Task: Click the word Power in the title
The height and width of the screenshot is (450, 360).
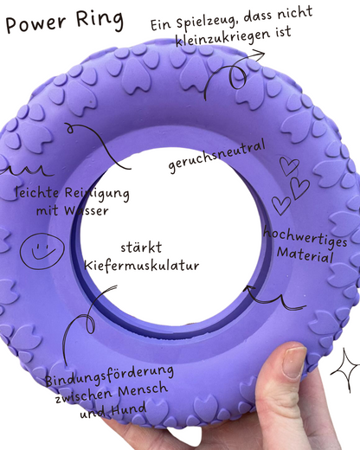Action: pyautogui.click(x=35, y=23)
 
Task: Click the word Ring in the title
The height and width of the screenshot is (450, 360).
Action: pyautogui.click(x=100, y=19)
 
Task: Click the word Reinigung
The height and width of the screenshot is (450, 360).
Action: pyautogui.click(x=97, y=194)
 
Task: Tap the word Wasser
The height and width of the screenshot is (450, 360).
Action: pyautogui.click(x=87, y=210)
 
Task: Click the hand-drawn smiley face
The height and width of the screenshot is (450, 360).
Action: pyautogui.click(x=42, y=251)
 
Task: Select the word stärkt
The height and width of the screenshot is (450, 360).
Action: pyautogui.click(x=141, y=247)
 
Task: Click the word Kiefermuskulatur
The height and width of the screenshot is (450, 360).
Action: pyautogui.click(x=142, y=266)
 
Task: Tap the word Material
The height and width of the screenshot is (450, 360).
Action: pyautogui.click(x=305, y=254)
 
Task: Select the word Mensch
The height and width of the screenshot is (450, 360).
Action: pyautogui.click(x=143, y=391)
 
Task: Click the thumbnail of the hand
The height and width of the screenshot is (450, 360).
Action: pyautogui.click(x=293, y=363)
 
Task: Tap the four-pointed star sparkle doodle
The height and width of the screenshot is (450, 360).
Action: pyautogui.click(x=345, y=370)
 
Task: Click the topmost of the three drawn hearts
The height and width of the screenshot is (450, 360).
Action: pyautogui.click(x=289, y=166)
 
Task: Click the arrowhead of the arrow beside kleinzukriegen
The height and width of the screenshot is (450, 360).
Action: pyautogui.click(x=259, y=55)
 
